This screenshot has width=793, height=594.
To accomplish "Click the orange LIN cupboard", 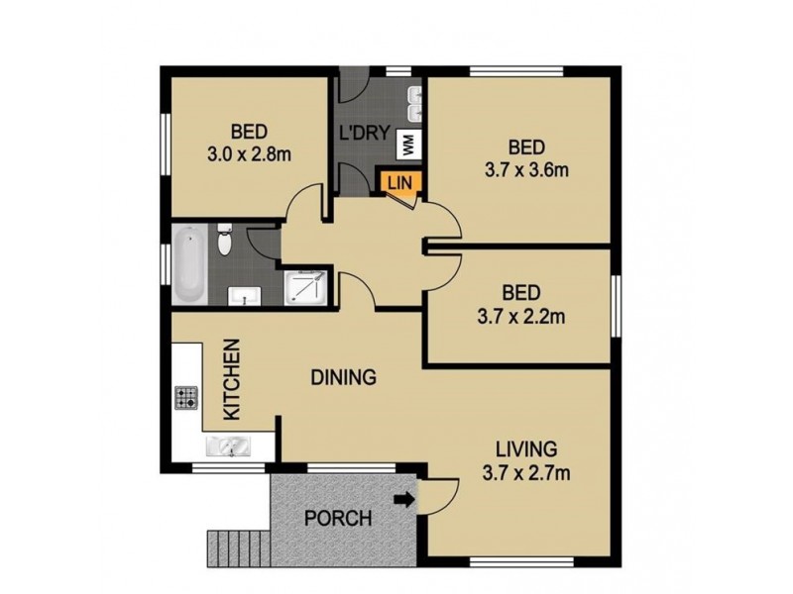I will click(x=399, y=182).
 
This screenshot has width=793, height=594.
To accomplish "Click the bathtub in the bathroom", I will click(x=189, y=265).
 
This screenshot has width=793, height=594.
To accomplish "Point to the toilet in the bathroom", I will click(x=226, y=242).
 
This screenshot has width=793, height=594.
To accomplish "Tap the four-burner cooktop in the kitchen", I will click(x=187, y=399).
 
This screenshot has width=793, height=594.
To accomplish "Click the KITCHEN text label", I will click(x=230, y=380).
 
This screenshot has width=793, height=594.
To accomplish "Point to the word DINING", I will click(x=343, y=377).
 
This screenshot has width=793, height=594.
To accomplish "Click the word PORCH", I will click(x=338, y=518).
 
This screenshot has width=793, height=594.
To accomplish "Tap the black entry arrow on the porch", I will click(x=405, y=501).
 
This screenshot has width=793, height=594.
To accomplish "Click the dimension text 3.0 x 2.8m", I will click(x=251, y=154).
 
